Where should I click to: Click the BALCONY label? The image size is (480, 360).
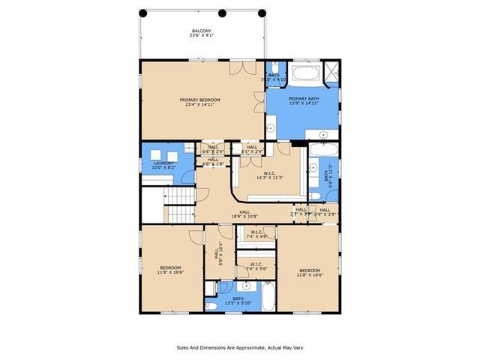tap(200, 34)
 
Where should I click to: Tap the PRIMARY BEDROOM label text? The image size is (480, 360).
tap(199, 103)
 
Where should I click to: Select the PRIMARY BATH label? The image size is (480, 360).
tap(302, 102)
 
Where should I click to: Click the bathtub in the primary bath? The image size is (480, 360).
tap(306, 74)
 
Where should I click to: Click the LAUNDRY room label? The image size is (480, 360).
tap(164, 165)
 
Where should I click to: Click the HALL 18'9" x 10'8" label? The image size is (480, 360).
tap(244, 214)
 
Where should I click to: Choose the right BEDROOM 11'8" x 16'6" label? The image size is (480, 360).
tap(309, 273)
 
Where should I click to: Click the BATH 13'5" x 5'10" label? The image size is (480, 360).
tap(238, 301)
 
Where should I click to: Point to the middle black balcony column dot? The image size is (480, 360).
tap(221, 13)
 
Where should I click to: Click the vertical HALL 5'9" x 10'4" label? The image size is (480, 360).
tap(219, 256)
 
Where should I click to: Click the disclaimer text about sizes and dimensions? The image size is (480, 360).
tap(239, 347)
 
